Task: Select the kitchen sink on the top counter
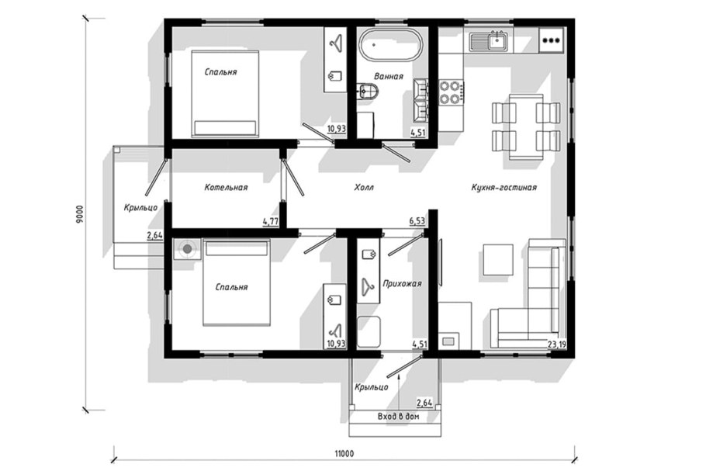click(x=489, y=41)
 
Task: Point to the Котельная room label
click(x=226, y=187)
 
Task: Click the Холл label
click(x=364, y=187)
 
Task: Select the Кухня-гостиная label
click(x=504, y=187)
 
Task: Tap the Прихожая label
click(x=402, y=284)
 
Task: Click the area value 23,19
click(x=557, y=345)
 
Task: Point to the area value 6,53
click(x=417, y=220)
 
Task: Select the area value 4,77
click(x=270, y=221)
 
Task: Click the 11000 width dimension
click(x=344, y=453)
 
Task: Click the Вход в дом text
click(x=398, y=417)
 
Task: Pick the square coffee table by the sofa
click(x=498, y=259)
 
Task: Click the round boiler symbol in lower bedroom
click(x=186, y=248)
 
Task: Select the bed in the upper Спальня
click(x=226, y=94)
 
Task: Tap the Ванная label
click(x=389, y=76)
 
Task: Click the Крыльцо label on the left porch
click(x=141, y=208)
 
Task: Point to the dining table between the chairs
click(x=526, y=126)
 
